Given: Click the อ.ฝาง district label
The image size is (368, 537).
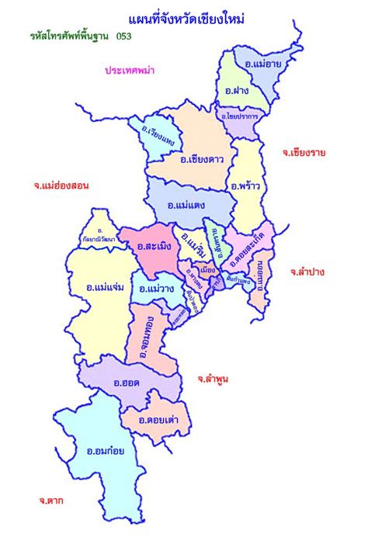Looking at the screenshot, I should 237,92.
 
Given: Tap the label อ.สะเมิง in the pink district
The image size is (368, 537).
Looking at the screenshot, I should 154,247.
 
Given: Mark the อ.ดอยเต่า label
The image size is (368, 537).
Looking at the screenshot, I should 157,420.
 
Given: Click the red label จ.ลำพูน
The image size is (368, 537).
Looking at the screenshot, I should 211,378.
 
